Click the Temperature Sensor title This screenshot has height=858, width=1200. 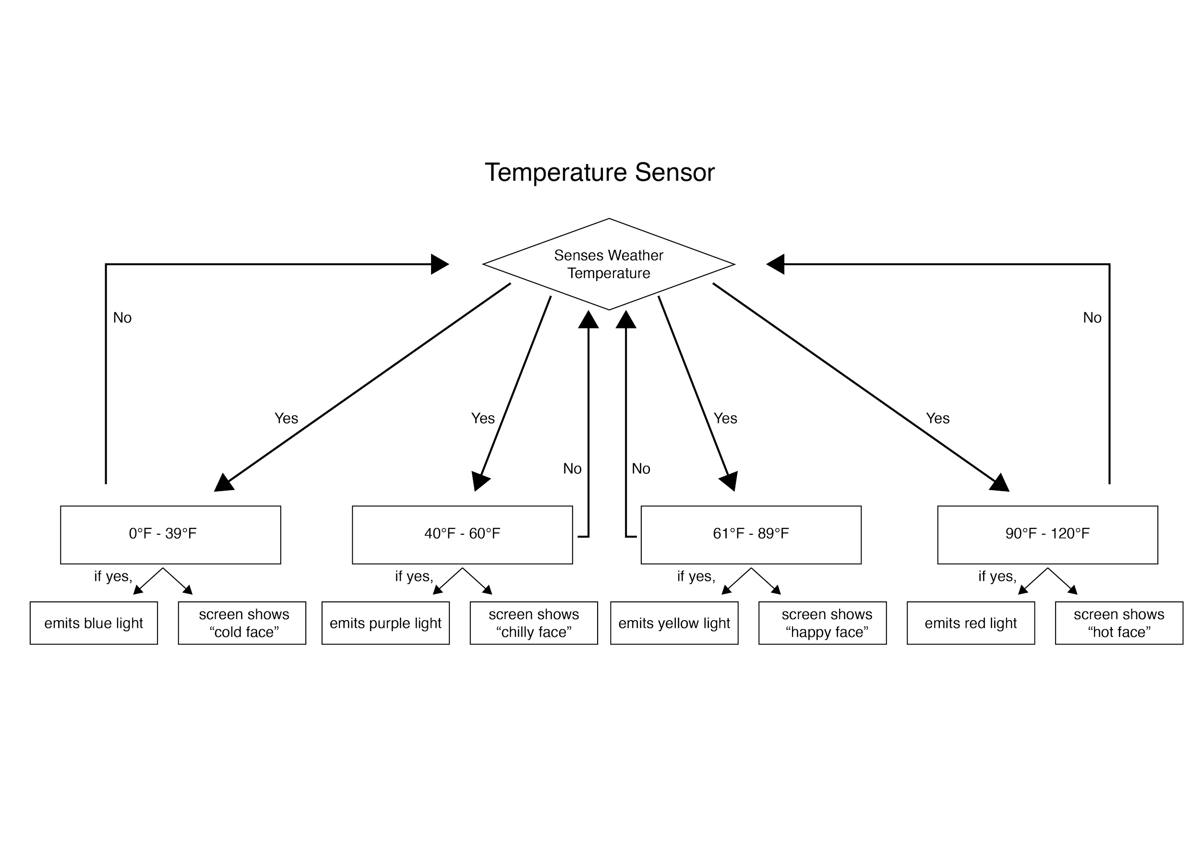pyautogui.click(x=600, y=172)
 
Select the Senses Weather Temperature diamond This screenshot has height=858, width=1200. pyautogui.click(x=609, y=264)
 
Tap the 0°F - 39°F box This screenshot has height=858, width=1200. pyautogui.click(x=171, y=534)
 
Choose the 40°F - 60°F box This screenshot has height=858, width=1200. pyautogui.click(x=463, y=534)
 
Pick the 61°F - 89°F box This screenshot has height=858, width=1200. pyautogui.click(x=751, y=534)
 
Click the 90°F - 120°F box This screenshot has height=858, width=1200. pyautogui.click(x=1047, y=534)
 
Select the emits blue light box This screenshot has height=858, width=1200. pyautogui.click(x=94, y=623)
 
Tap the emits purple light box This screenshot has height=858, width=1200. pyautogui.click(x=385, y=623)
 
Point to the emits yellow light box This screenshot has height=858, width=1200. pyautogui.click(x=674, y=623)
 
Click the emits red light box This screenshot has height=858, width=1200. pyautogui.click(x=971, y=623)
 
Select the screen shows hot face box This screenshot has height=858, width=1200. pyautogui.click(x=1119, y=623)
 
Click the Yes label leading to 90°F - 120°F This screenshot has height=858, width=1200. pyautogui.click(x=938, y=418)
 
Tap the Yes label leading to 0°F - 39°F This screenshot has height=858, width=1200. pyautogui.click(x=287, y=418)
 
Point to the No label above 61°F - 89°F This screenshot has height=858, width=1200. pyautogui.click(x=641, y=469)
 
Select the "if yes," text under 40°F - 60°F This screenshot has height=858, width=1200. pyautogui.click(x=413, y=576)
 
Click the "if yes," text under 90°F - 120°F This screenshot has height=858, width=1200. pyautogui.click(x=997, y=576)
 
